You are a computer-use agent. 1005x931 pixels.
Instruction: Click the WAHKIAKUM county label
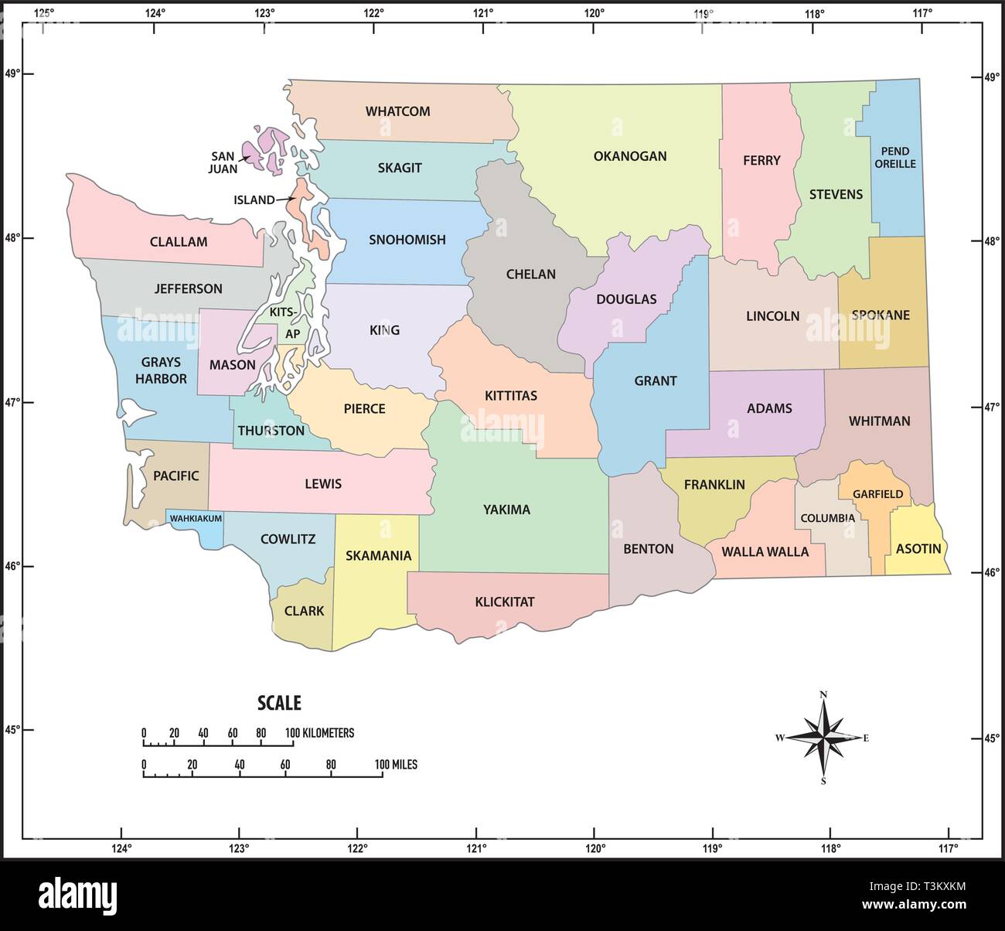[x=196, y=518]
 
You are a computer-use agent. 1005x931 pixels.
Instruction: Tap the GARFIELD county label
[x=877, y=494]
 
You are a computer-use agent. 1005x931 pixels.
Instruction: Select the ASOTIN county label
[x=918, y=549]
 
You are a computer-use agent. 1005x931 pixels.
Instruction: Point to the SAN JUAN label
[x=223, y=162]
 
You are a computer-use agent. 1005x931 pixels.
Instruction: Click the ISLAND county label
[x=254, y=199]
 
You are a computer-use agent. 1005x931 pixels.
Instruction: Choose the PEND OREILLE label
[x=895, y=157]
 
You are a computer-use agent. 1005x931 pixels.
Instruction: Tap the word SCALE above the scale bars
[x=278, y=703]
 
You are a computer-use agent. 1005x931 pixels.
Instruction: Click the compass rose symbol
[x=823, y=738]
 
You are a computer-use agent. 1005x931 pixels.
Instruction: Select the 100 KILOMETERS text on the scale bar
[x=319, y=732]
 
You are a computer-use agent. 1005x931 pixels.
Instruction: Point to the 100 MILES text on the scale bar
[x=396, y=765]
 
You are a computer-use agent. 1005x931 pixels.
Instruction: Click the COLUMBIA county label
[x=826, y=518]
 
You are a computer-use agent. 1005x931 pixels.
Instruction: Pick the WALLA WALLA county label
[x=765, y=552]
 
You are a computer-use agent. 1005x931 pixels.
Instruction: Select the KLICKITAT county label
[x=505, y=602]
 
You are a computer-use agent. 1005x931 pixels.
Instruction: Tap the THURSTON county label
[x=271, y=431]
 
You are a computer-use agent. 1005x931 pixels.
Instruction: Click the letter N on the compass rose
[x=823, y=694]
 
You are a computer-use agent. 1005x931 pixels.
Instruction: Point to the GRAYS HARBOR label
[x=161, y=370]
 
